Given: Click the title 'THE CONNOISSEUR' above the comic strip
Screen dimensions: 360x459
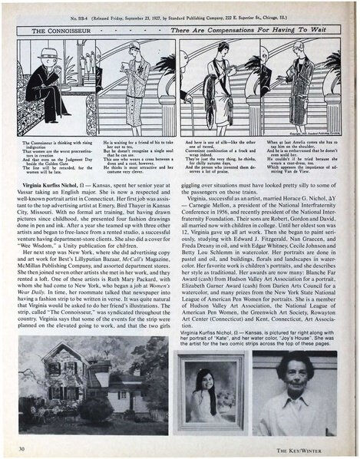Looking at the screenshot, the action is tap(58, 31).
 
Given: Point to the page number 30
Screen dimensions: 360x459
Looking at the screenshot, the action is tap(26, 446).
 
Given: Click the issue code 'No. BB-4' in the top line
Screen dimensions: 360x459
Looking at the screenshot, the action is tap(91, 14).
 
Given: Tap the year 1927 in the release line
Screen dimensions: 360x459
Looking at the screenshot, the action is tap(179, 14).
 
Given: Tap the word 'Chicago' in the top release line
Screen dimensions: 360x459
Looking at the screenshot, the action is tap(292, 14).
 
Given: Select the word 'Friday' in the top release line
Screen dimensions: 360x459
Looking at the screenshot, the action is tap(134, 14).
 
